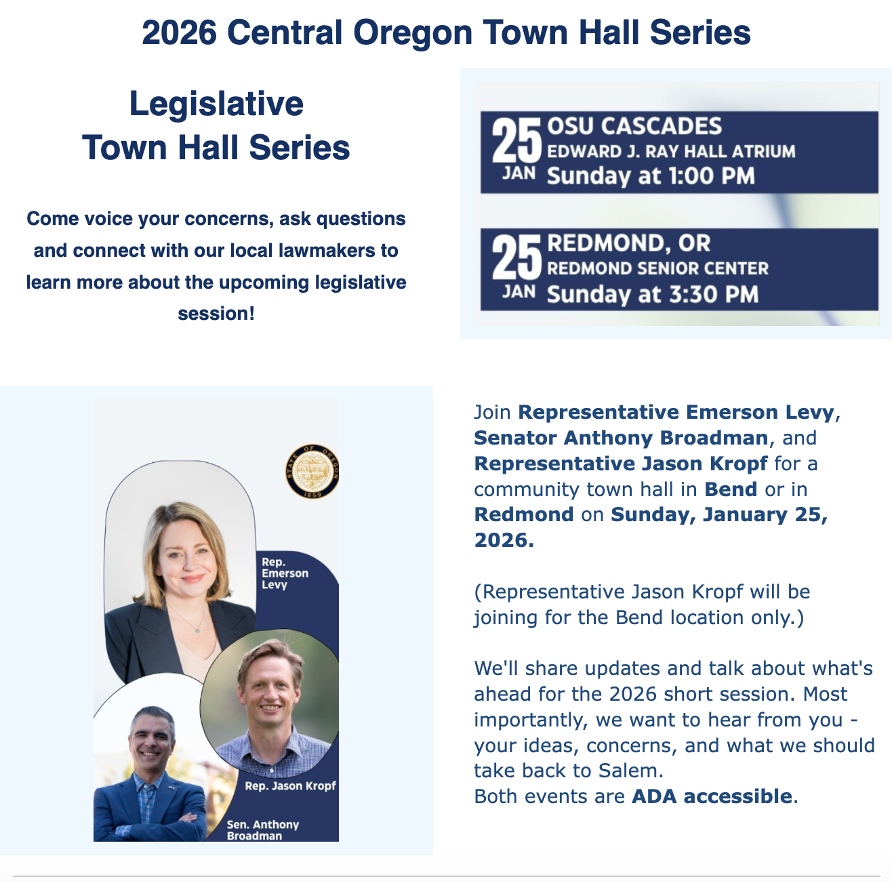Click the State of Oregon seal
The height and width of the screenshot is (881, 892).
click(x=312, y=472)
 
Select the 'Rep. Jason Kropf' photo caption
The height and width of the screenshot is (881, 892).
click(x=290, y=785)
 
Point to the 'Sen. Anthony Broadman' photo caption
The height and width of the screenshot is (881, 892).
click(x=262, y=829)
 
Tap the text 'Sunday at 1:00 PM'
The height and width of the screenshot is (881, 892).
click(x=650, y=176)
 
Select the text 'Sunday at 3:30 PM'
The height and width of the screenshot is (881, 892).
click(x=652, y=295)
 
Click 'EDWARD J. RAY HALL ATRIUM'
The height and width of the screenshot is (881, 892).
click(x=671, y=151)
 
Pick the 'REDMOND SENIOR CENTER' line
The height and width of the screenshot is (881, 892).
click(x=657, y=268)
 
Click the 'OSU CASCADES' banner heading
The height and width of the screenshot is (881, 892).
click(x=634, y=126)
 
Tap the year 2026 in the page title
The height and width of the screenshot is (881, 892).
click(x=179, y=33)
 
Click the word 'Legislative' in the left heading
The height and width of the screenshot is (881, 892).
click(x=216, y=104)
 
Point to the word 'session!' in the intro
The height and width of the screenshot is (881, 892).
click(x=216, y=314)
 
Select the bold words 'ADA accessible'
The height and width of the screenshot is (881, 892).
click(x=711, y=796)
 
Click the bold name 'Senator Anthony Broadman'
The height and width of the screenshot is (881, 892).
click(x=621, y=438)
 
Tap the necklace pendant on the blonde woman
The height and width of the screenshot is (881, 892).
click(x=197, y=630)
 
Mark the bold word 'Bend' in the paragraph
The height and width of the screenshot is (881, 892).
click(x=731, y=489)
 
